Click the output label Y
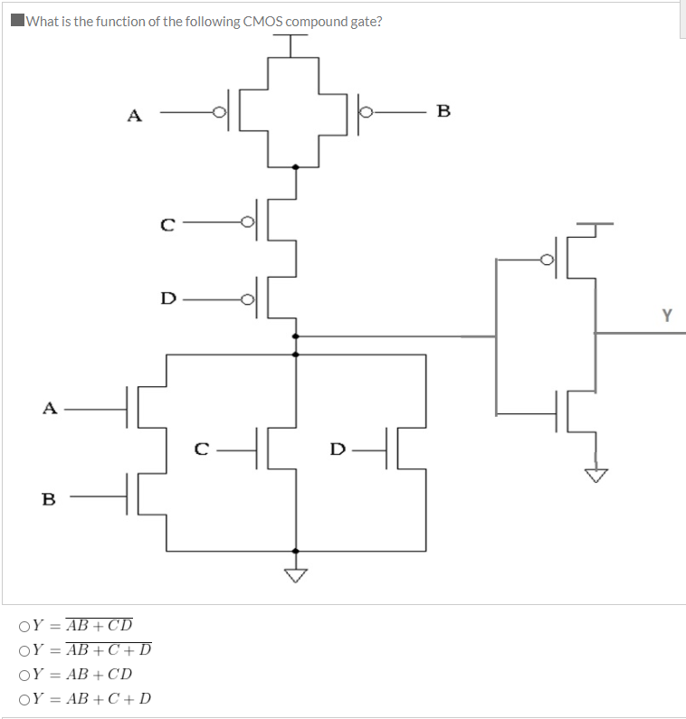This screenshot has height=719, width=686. tap(667, 316)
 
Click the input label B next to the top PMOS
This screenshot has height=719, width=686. tap(443, 112)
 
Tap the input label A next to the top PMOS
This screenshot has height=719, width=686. tap(134, 115)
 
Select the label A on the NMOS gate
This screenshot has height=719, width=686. tap(51, 408)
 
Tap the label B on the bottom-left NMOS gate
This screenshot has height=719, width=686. tap(49, 498)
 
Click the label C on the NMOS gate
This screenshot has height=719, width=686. tap(204, 449)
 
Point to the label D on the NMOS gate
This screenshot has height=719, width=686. tap(337, 449)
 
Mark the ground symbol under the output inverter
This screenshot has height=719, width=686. tap(595, 475)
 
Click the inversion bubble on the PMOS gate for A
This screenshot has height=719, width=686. tap(218, 113)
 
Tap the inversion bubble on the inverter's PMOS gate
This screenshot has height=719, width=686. tap(547, 260)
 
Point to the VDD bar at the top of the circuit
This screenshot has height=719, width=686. tap(291, 37)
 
